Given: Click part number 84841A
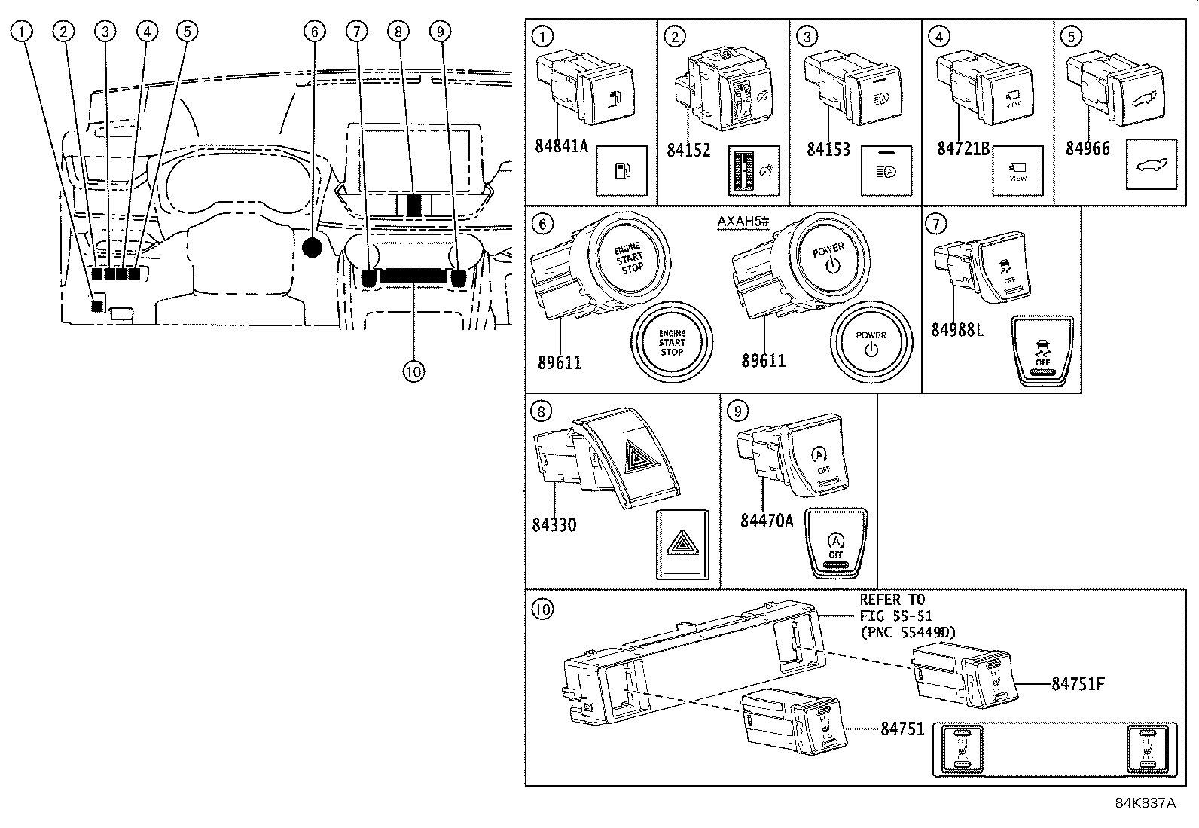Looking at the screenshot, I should coord(561,145).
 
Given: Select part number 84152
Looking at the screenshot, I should coord(688,150).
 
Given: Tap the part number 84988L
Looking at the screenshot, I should coord(957,329).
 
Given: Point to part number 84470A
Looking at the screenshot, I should coord(767,520).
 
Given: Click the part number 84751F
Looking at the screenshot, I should coord(1078,684).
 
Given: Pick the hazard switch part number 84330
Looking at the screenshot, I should coord(554,524).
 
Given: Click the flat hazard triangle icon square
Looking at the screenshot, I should coord(684,543).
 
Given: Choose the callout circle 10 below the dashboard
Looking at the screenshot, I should coord(413,371).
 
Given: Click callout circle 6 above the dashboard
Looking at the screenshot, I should coord(315,31).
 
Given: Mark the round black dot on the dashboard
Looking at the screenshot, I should coord(311,246).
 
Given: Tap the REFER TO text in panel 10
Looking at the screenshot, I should coord(892,600).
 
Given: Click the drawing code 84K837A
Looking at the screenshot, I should coord(1145,803).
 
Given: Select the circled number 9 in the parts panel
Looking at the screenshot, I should coord(738,411).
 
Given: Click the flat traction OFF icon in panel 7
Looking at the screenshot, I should coord(1043,351).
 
